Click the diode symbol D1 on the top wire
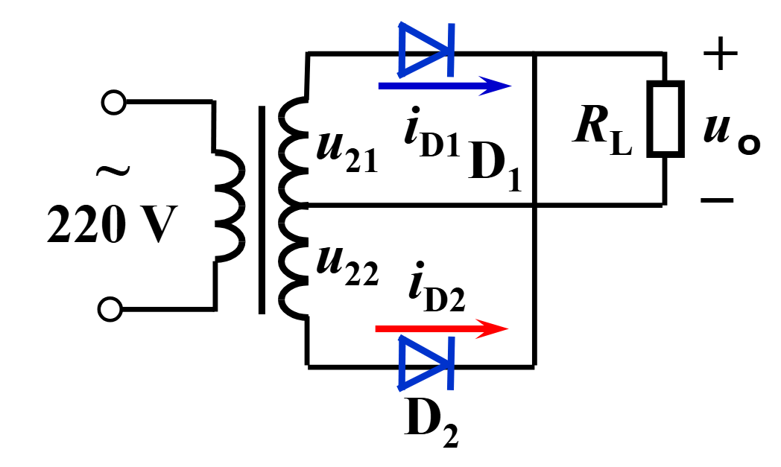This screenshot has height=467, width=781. pyautogui.click(x=426, y=51)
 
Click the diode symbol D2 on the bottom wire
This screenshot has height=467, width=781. pyautogui.click(x=426, y=363)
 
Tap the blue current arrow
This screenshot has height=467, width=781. pyautogui.click(x=445, y=86)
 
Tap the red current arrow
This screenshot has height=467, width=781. pyautogui.click(x=442, y=328)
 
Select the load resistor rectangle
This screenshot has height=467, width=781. pyautogui.click(x=665, y=119)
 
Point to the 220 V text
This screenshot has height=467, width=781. pyautogui.click(x=112, y=224)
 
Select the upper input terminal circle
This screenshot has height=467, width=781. pyautogui.click(x=113, y=103)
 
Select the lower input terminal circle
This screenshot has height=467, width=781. pyautogui.click(x=110, y=310)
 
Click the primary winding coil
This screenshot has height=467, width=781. pyautogui.click(x=230, y=206)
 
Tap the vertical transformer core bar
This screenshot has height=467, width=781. pyautogui.click(x=262, y=209)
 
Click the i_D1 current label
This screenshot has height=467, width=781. pyautogui.click(x=432, y=133)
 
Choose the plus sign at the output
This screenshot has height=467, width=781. pyautogui.click(x=720, y=53)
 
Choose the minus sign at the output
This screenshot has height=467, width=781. pyautogui.click(x=717, y=200)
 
